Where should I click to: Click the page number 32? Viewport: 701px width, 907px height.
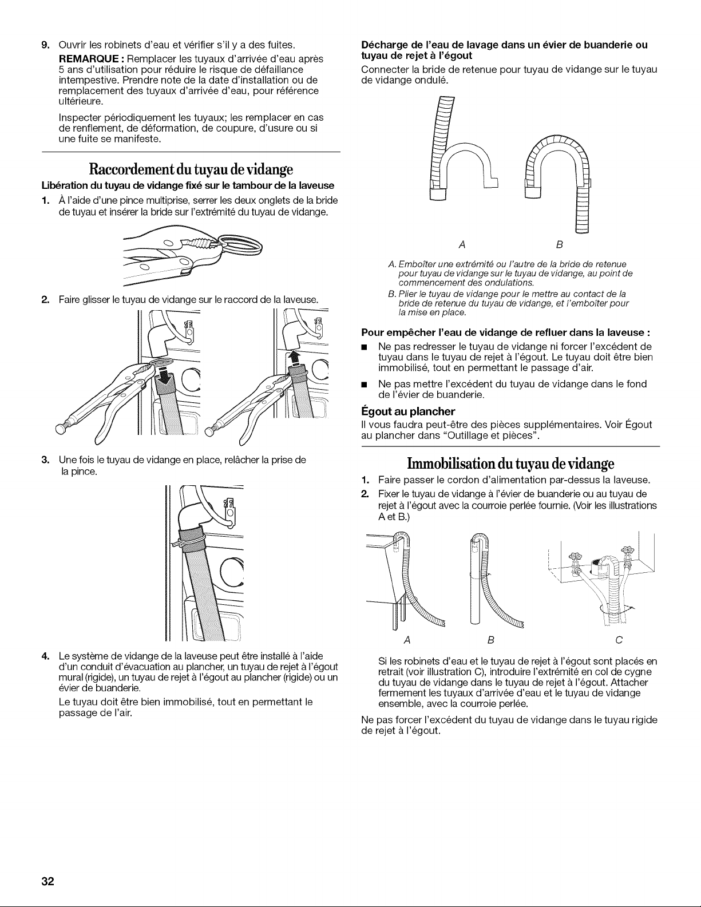tap(47, 881)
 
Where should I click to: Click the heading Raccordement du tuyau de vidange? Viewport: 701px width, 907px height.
tap(191, 169)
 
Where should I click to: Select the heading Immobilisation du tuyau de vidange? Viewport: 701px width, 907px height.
tap(510, 464)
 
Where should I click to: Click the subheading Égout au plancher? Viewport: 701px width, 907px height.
tap(408, 411)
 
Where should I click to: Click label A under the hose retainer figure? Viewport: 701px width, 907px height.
tap(462, 245)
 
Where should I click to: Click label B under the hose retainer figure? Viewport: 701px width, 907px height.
tap(560, 245)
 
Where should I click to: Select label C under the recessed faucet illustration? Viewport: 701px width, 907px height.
tap(619, 640)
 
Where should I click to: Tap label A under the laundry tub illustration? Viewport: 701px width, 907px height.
tap(407, 640)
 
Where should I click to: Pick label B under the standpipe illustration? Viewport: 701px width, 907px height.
tap(491, 640)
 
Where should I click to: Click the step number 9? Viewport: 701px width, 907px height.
tap(45, 45)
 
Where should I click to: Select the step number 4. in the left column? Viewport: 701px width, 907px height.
tap(46, 656)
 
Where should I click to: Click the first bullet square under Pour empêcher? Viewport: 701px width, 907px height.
tap(364, 347)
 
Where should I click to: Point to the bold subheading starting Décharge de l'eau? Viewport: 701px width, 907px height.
tap(504, 50)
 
